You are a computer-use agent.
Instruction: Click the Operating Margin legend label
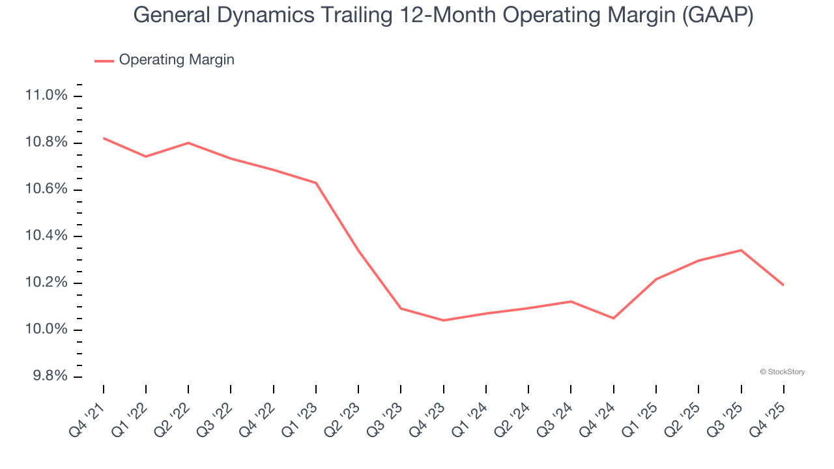tap(176, 60)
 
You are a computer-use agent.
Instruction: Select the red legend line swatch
tap(104, 61)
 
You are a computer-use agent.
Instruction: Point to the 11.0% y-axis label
tap(46, 96)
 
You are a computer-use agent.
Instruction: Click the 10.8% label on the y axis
tap(46, 143)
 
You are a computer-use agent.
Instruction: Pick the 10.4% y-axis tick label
tap(46, 236)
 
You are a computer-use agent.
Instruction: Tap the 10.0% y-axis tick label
tap(46, 330)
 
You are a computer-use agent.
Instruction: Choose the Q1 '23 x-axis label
tap(300, 417)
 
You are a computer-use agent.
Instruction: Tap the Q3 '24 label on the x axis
tap(555, 417)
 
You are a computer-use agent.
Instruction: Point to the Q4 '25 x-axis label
tap(768, 417)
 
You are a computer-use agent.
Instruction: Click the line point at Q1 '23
tap(316, 182)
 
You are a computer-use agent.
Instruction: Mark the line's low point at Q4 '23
tap(444, 320)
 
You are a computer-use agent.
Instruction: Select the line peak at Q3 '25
tap(741, 250)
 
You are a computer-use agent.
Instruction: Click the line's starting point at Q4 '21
tap(104, 138)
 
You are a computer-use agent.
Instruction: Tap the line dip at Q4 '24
tap(614, 318)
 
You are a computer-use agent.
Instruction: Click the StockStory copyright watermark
tap(782, 372)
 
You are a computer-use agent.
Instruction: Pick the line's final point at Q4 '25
tap(783, 285)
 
